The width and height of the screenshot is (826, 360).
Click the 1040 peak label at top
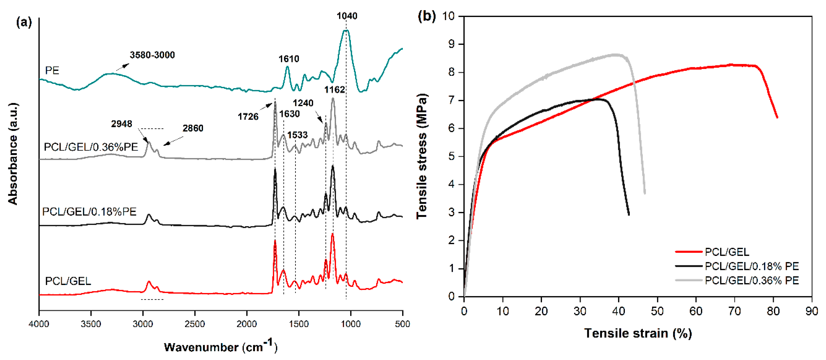[346, 16]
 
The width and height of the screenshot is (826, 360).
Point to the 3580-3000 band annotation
[152, 55]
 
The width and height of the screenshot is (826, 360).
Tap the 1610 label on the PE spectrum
[289, 59]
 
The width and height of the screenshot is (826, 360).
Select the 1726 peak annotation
[248, 116]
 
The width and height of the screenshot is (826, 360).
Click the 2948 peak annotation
[121, 124]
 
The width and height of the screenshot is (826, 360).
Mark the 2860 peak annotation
[193, 128]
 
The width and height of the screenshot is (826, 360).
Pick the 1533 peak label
[297, 135]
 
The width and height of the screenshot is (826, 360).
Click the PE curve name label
[52, 71]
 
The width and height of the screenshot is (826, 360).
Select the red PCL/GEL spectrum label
[68, 281]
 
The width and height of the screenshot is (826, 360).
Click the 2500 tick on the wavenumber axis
[195, 324]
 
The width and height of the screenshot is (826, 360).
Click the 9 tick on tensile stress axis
[451, 44]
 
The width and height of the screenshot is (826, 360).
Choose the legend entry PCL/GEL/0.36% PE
[752, 280]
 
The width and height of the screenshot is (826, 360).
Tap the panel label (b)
[426, 16]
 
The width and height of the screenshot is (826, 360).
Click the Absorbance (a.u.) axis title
[13, 154]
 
